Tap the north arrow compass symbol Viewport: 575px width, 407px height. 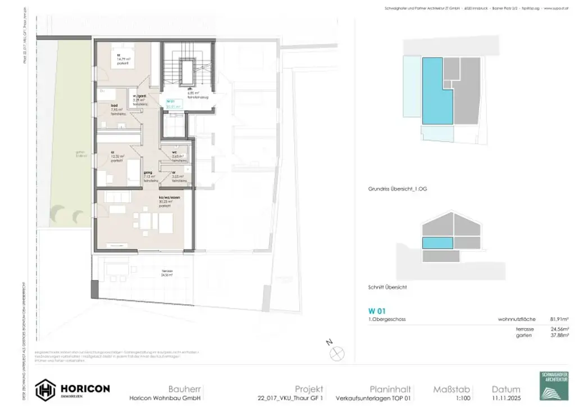point(338,352)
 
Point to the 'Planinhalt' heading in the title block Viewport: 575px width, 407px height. point(391,389)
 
